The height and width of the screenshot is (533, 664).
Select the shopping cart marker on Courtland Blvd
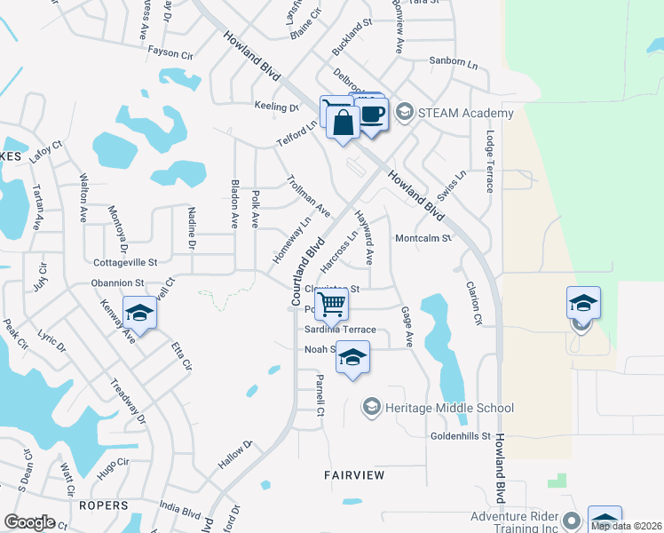point(331,304)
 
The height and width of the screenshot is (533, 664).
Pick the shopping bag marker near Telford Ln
point(343,123)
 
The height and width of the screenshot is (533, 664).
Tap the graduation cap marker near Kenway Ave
point(139,313)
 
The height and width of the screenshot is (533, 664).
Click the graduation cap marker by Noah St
point(353,358)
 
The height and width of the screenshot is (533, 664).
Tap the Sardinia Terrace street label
point(341,330)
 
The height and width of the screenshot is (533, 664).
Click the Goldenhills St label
point(461,436)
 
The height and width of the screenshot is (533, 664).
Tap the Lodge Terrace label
point(489,163)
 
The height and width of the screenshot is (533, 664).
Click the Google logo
point(29,522)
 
